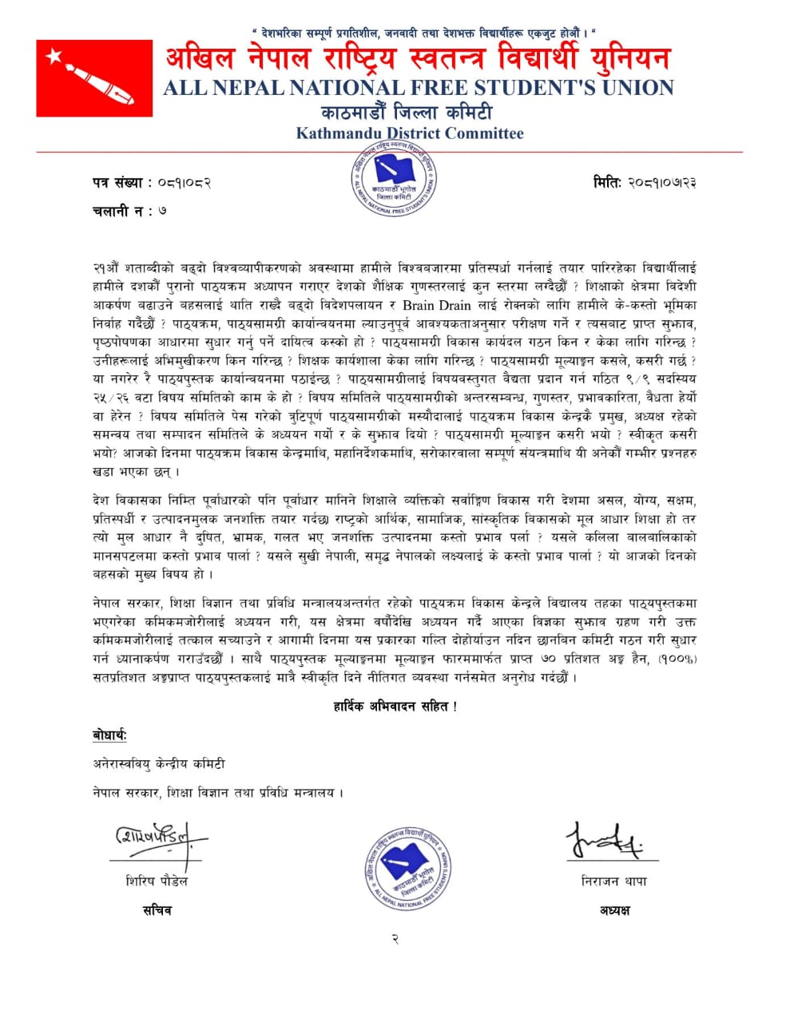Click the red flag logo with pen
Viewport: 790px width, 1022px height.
click(x=94, y=77)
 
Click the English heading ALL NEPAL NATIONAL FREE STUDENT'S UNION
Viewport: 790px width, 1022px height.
click(x=418, y=88)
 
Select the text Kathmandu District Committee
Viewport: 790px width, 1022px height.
click(x=410, y=133)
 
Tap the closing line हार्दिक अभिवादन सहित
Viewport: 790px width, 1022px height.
click(x=395, y=707)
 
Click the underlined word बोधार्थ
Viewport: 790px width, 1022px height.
click(x=109, y=735)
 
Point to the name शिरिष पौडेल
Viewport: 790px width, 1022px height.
click(x=157, y=881)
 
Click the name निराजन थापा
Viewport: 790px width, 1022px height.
click(x=614, y=881)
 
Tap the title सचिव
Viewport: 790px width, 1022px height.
click(x=157, y=910)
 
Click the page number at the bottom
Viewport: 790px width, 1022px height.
click(x=395, y=939)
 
